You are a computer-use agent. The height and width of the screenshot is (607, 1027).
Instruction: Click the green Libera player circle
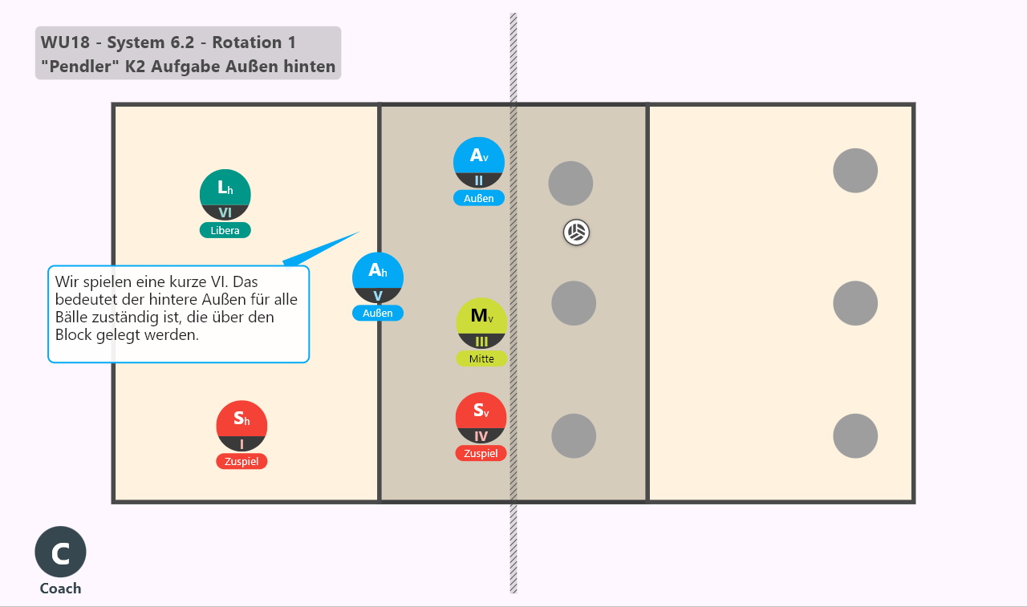point(225,195)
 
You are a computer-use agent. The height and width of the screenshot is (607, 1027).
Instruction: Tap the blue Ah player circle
point(378,277)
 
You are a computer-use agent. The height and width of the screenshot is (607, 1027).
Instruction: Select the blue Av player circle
point(479,163)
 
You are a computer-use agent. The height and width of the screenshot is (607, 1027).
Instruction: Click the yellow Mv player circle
point(481,323)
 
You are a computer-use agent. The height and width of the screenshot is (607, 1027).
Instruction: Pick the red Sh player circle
point(242,426)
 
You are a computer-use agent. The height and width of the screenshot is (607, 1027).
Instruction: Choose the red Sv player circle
point(481,418)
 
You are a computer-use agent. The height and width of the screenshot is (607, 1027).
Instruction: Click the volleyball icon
point(576,233)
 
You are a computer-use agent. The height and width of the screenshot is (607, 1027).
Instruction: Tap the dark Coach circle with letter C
point(60,552)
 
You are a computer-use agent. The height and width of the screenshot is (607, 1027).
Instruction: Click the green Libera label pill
point(225,230)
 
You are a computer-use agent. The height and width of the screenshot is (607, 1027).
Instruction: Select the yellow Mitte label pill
point(481,358)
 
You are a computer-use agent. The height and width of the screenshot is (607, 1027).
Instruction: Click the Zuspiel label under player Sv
point(481,453)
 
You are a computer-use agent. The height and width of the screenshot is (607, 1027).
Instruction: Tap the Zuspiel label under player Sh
point(242,461)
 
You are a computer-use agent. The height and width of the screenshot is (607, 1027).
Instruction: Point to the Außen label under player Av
point(479,198)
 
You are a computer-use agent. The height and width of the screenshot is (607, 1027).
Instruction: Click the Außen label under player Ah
point(378,313)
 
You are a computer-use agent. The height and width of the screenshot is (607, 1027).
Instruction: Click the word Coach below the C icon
point(60,589)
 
